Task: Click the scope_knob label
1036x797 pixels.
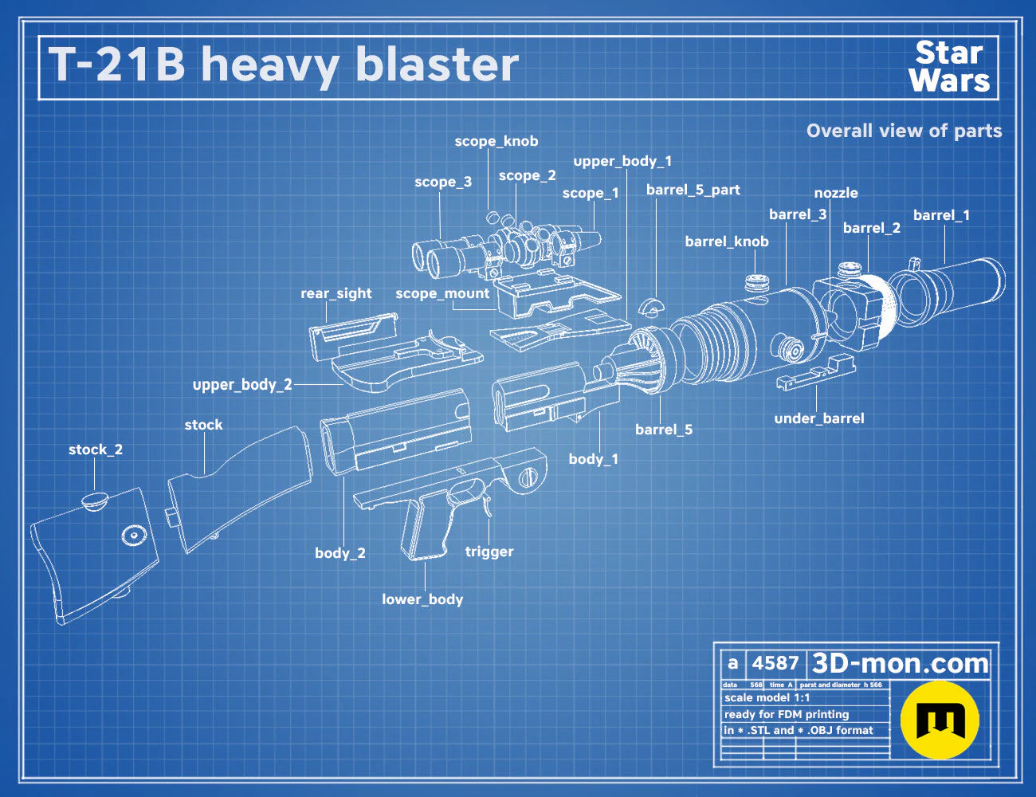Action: tap(496, 141)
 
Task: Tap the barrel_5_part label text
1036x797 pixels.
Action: tap(693, 190)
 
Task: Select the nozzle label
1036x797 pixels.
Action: tap(836, 193)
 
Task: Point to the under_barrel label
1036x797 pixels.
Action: tap(819, 419)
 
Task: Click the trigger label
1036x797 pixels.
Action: tap(489, 552)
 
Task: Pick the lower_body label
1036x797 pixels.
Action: tap(422, 599)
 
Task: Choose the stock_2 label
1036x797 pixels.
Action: tap(96, 450)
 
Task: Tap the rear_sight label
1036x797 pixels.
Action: tap(336, 293)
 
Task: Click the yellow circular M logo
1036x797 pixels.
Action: tap(940, 720)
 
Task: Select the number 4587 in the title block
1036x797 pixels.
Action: tap(775, 663)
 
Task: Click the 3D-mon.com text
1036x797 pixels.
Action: tap(900, 663)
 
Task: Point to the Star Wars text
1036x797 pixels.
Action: tap(949, 67)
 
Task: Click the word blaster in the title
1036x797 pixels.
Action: tap(438, 65)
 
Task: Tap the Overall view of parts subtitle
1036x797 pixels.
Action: tap(904, 131)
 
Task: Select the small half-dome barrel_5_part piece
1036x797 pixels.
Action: tap(649, 307)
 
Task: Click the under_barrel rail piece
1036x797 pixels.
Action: tap(816, 373)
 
